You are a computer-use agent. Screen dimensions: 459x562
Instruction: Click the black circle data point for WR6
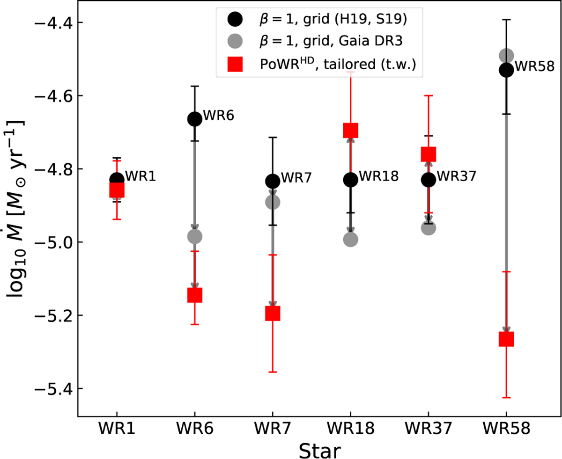pyautogui.click(x=194, y=119)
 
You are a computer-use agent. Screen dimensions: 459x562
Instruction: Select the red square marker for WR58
pyautogui.click(x=506, y=339)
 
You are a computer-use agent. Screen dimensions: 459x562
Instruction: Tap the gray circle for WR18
pyautogui.click(x=350, y=239)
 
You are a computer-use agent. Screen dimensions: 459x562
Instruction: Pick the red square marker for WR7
pyautogui.click(x=273, y=313)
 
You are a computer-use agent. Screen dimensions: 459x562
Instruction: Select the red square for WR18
pyautogui.click(x=350, y=130)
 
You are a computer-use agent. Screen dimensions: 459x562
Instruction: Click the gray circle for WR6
pyautogui.click(x=194, y=236)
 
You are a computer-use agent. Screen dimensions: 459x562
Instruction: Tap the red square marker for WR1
pyautogui.click(x=117, y=190)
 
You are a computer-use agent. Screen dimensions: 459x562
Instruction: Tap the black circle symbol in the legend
pyautogui.click(x=234, y=20)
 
